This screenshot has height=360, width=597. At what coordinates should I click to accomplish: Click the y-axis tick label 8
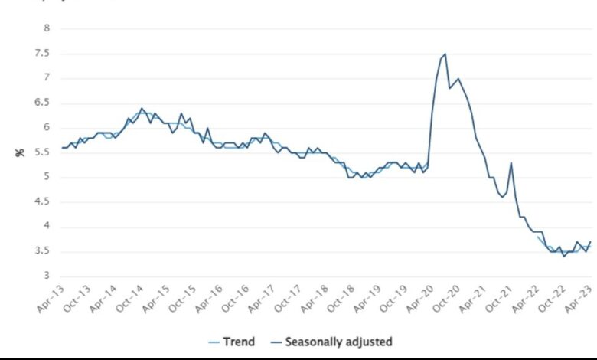click(x=45, y=28)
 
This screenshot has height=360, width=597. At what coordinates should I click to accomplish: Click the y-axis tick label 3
click(x=45, y=277)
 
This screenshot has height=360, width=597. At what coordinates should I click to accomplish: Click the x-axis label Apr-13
click(x=52, y=299)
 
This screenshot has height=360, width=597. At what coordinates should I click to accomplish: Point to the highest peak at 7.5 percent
click(x=445, y=54)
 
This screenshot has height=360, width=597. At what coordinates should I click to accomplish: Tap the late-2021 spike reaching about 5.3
click(x=511, y=162)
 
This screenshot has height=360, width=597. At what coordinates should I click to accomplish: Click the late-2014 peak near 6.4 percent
click(x=142, y=109)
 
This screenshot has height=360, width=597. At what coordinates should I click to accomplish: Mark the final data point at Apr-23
click(x=590, y=242)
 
